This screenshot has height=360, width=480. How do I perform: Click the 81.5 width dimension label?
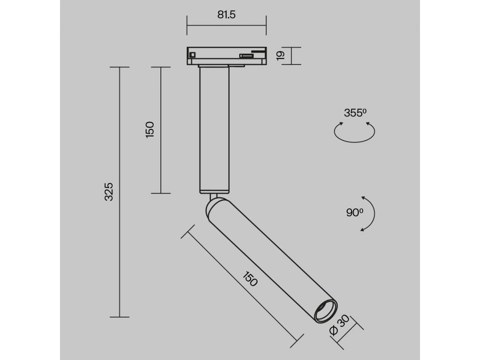[x=226, y=15]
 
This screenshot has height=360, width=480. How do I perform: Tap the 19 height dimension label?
[x=280, y=56]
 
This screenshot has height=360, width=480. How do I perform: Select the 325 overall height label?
[x=109, y=192]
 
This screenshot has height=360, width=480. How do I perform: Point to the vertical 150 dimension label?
[x=150, y=130]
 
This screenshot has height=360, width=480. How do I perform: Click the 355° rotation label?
[x=355, y=113]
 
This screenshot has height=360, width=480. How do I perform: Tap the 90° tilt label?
[x=355, y=213]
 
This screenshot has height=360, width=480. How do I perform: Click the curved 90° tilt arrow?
[x=374, y=213]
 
